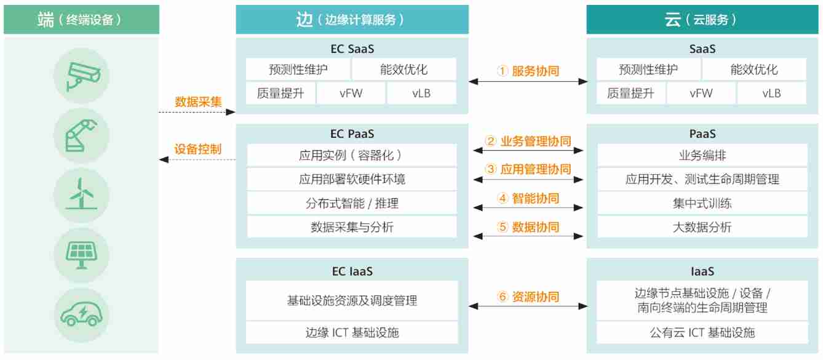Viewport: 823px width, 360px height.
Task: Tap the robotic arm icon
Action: click(81, 133)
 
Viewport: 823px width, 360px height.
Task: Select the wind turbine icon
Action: click(81, 193)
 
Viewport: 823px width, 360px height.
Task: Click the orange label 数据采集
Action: click(198, 102)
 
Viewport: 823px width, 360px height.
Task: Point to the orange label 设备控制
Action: click(198, 150)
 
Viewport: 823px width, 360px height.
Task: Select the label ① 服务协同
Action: click(528, 71)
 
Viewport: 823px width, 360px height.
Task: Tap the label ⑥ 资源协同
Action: click(528, 297)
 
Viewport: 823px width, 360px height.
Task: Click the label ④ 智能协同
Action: click(528, 198)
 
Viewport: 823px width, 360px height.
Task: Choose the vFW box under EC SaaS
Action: click(351, 94)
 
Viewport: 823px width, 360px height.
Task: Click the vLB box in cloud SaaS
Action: click(771, 94)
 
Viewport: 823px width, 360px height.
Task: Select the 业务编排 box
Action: click(702, 156)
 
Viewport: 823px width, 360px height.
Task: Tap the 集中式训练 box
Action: click(702, 203)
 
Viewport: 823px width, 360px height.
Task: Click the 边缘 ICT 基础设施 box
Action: click(352, 333)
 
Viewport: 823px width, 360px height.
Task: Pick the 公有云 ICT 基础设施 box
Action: click(702, 333)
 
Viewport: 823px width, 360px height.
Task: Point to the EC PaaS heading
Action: click(352, 134)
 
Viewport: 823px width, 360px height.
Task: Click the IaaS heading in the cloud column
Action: click(702, 271)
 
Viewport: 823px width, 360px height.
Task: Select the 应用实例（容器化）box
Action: click(352, 156)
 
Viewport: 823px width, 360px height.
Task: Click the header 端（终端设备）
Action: click(81, 20)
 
